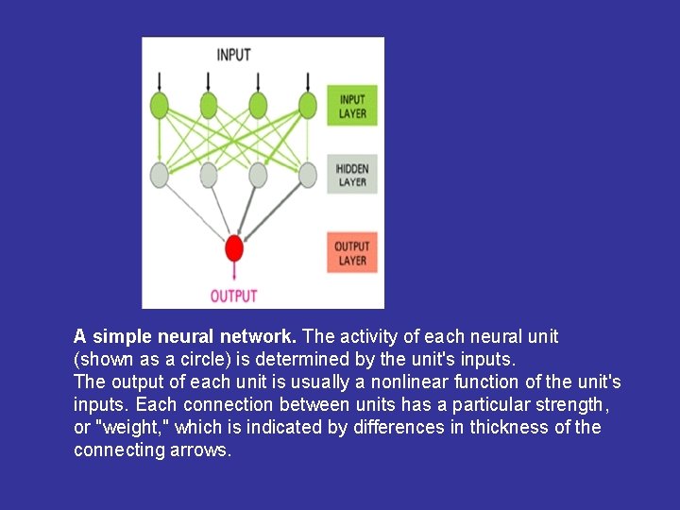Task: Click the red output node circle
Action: pos(234,249)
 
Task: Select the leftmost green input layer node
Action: pos(160,104)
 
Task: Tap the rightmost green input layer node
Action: pos(307,104)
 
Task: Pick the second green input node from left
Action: pos(209,104)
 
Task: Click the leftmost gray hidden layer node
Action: pos(160,174)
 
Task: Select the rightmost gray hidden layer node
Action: pos(307,174)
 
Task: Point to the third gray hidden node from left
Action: pos(258,174)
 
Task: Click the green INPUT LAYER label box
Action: pos(352,107)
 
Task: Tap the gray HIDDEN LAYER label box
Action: pos(352,175)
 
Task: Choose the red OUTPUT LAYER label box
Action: pos(352,253)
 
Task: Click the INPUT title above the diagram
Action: pos(233,55)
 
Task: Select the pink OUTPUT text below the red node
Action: pos(233,297)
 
